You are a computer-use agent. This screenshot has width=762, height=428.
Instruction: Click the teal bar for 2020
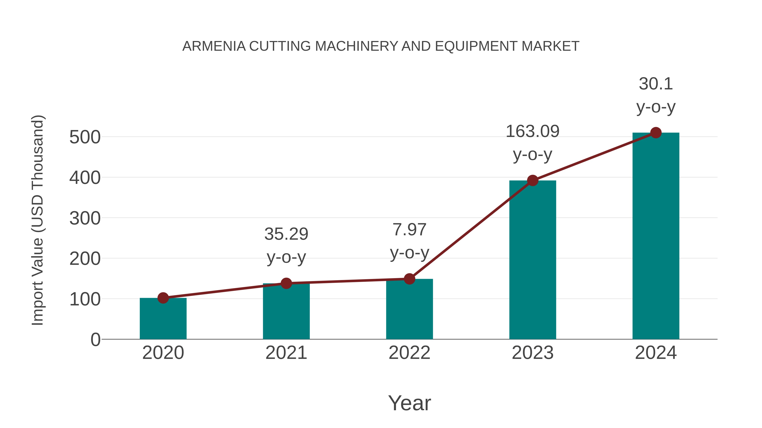coord(163,319)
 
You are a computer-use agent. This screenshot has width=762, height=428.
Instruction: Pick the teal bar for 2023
coord(533,260)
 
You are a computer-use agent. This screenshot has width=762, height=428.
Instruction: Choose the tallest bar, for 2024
coord(656,236)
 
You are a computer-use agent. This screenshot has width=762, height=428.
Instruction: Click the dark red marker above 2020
coord(163,298)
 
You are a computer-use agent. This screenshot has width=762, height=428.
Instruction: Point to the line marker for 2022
coord(409,279)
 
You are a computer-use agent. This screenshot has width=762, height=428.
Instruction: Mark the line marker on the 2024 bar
coord(656,133)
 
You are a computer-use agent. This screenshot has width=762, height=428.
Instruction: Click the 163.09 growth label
coord(533,132)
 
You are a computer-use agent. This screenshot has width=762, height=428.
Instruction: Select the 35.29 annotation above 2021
coord(286,234)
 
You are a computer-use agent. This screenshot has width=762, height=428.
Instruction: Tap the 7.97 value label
coord(409,230)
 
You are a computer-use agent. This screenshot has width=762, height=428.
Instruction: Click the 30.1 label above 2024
coord(656,84)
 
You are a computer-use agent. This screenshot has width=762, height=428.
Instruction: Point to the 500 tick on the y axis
coord(85,137)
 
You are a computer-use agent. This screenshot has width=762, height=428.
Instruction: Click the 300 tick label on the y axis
coord(85,219)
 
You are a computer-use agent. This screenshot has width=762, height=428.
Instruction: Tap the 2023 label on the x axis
coord(533,353)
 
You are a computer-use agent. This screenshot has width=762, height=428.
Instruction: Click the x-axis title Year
coord(409,403)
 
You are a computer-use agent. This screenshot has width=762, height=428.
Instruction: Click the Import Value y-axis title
coord(38,220)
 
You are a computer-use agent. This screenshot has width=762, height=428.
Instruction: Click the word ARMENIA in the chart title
coord(214,46)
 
